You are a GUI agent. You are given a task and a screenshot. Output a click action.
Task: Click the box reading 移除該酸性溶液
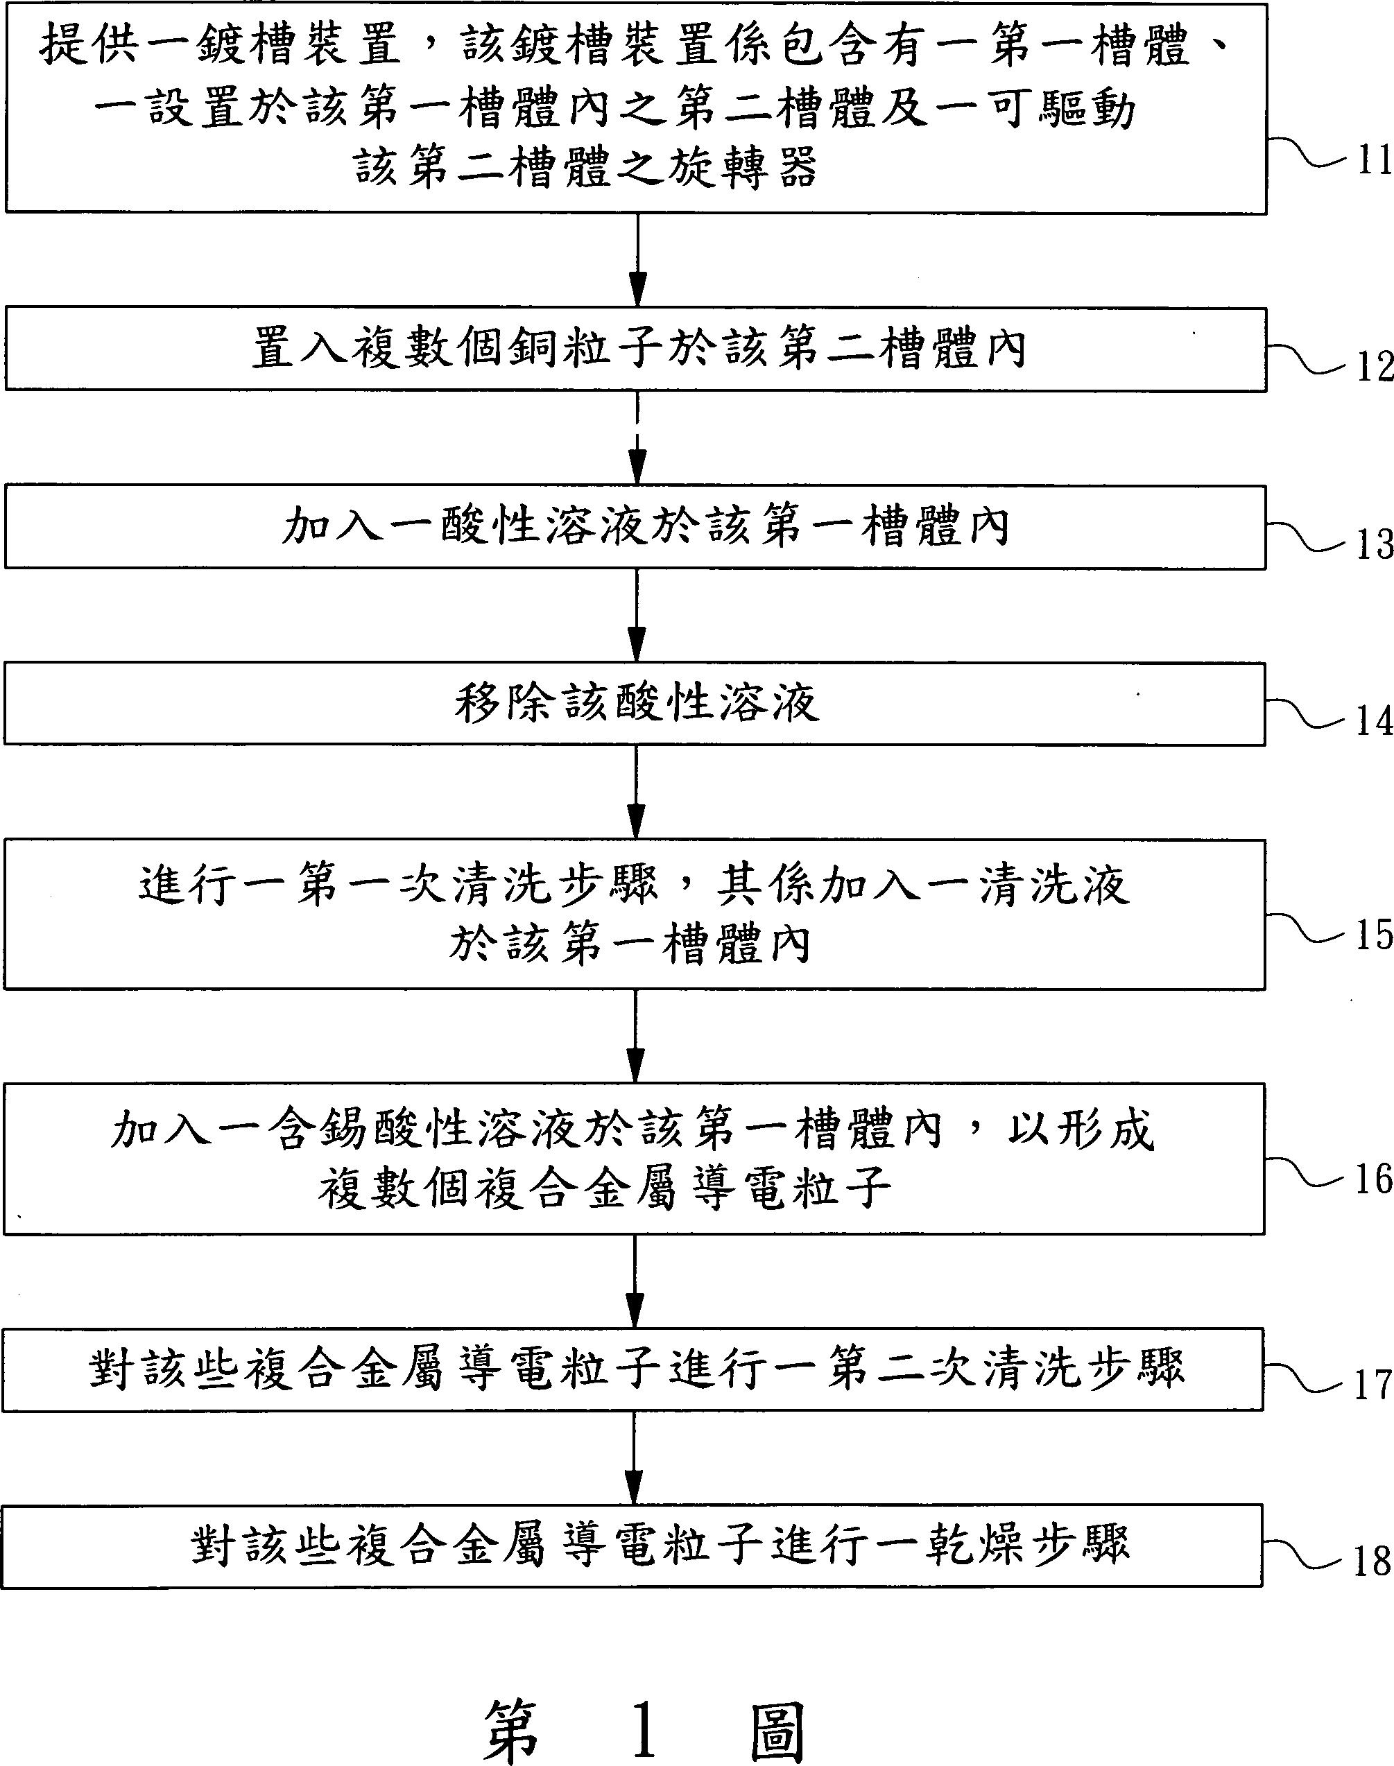[635, 704]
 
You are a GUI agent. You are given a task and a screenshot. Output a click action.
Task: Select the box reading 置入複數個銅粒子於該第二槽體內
[636, 349]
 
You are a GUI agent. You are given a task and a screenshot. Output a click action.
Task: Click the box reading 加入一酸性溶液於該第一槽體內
[636, 527]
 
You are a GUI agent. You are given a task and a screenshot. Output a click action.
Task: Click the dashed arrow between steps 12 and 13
[637, 438]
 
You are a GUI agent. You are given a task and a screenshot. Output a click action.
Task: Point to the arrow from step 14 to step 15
[637, 793]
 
